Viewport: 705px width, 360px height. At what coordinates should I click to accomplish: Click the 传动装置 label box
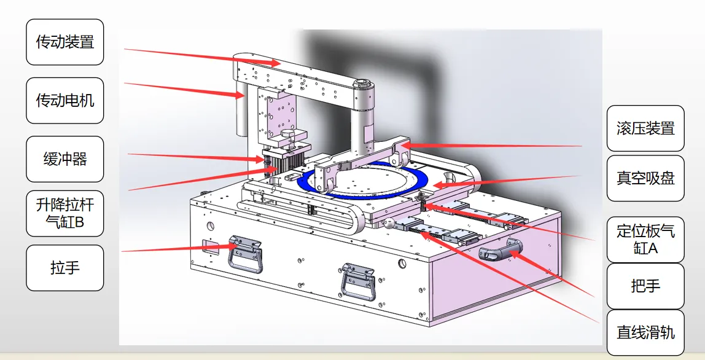point(64,42)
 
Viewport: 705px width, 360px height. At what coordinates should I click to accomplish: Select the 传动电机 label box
point(64,100)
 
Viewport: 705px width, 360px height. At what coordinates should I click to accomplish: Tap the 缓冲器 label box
point(64,159)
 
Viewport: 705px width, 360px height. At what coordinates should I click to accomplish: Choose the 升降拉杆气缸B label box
point(64,213)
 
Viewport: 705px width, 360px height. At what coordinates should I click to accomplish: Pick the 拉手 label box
point(64,268)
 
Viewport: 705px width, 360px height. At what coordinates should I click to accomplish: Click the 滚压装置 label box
point(645,128)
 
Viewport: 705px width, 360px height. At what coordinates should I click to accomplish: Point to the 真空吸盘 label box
point(645,178)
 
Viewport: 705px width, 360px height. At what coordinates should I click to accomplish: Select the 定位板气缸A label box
point(645,240)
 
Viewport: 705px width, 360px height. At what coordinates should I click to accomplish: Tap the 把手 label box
point(645,286)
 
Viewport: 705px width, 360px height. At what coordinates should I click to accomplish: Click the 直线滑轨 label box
point(645,332)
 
